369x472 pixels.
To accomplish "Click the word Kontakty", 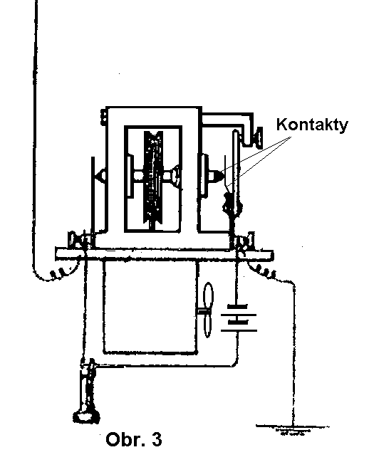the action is tap(312, 125).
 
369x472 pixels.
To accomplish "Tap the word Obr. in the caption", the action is tap(123, 439).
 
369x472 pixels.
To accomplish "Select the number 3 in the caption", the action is tap(157, 439).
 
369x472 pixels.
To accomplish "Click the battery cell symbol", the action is tap(239, 319).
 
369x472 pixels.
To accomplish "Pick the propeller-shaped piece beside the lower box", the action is tap(207, 310).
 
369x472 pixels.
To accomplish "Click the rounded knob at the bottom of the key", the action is tap(86, 417).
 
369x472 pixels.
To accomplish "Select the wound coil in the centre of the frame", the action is tap(154, 177).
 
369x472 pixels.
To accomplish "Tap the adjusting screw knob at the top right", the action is tap(258, 137).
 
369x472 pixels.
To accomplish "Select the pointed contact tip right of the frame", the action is tap(216, 176).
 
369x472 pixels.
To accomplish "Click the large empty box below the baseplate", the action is tap(150, 306).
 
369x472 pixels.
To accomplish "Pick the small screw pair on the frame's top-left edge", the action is tap(103, 116).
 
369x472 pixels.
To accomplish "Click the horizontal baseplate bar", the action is tap(165, 253).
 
